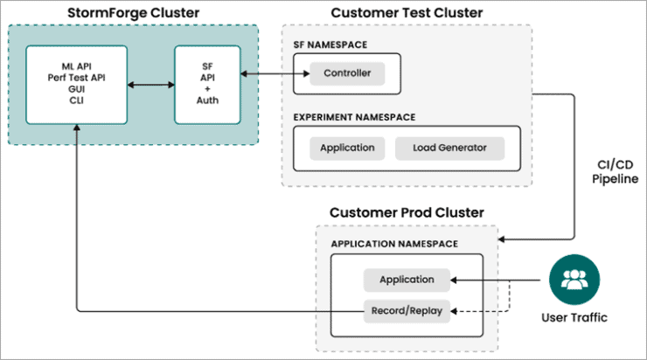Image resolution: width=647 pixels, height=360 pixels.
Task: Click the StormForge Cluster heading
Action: [134, 12]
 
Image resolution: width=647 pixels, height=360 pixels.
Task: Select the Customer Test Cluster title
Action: [407, 12]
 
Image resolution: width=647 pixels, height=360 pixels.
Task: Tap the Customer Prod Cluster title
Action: [407, 213]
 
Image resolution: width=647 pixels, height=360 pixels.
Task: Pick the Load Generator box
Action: [450, 148]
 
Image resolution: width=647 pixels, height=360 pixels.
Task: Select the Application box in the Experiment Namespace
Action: [347, 148]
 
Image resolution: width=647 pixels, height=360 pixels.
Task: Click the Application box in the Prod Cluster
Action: [407, 280]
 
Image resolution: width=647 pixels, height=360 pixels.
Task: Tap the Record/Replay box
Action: [407, 308]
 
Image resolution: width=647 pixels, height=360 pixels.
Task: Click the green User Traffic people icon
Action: [574, 280]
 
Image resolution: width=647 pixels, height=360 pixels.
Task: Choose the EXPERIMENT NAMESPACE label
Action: [354, 115]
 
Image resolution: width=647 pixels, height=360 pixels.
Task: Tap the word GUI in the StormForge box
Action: [76, 88]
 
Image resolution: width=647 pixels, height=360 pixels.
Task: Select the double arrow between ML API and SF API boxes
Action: [150, 85]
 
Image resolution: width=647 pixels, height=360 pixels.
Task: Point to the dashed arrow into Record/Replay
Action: [481, 308]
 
